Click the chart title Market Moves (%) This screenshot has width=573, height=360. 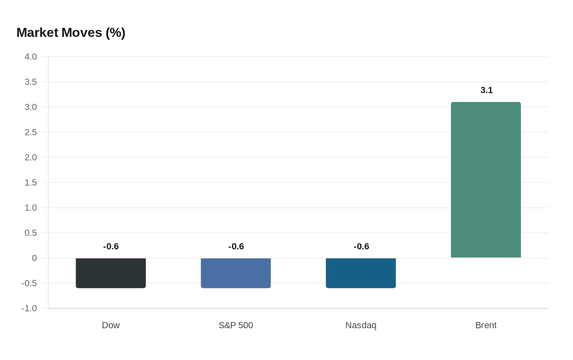[x=71, y=33]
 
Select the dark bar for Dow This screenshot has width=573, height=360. [x=111, y=273]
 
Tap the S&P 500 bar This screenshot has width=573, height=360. [x=236, y=273]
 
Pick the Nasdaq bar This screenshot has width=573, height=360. [x=361, y=273]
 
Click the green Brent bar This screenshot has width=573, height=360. [x=486, y=180]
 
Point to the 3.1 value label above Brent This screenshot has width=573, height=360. [x=486, y=90]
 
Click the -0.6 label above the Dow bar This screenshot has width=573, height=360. [x=111, y=246]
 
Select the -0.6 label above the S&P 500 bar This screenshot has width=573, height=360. [x=236, y=246]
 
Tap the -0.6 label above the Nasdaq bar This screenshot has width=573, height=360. [x=361, y=246]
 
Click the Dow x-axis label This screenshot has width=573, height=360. [x=111, y=325]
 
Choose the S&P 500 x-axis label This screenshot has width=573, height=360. [x=236, y=325]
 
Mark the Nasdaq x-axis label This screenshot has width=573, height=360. [x=361, y=325]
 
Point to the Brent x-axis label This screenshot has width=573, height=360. [x=486, y=325]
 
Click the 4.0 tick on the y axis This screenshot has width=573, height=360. [x=31, y=57]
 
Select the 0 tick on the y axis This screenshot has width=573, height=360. [x=34, y=258]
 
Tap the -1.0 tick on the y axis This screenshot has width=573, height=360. [x=29, y=308]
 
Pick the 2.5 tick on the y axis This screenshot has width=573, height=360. [x=31, y=132]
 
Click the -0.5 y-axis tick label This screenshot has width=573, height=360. [x=29, y=283]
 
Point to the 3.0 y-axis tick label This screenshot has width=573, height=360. [x=31, y=107]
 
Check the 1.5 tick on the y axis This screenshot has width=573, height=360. [x=31, y=182]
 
